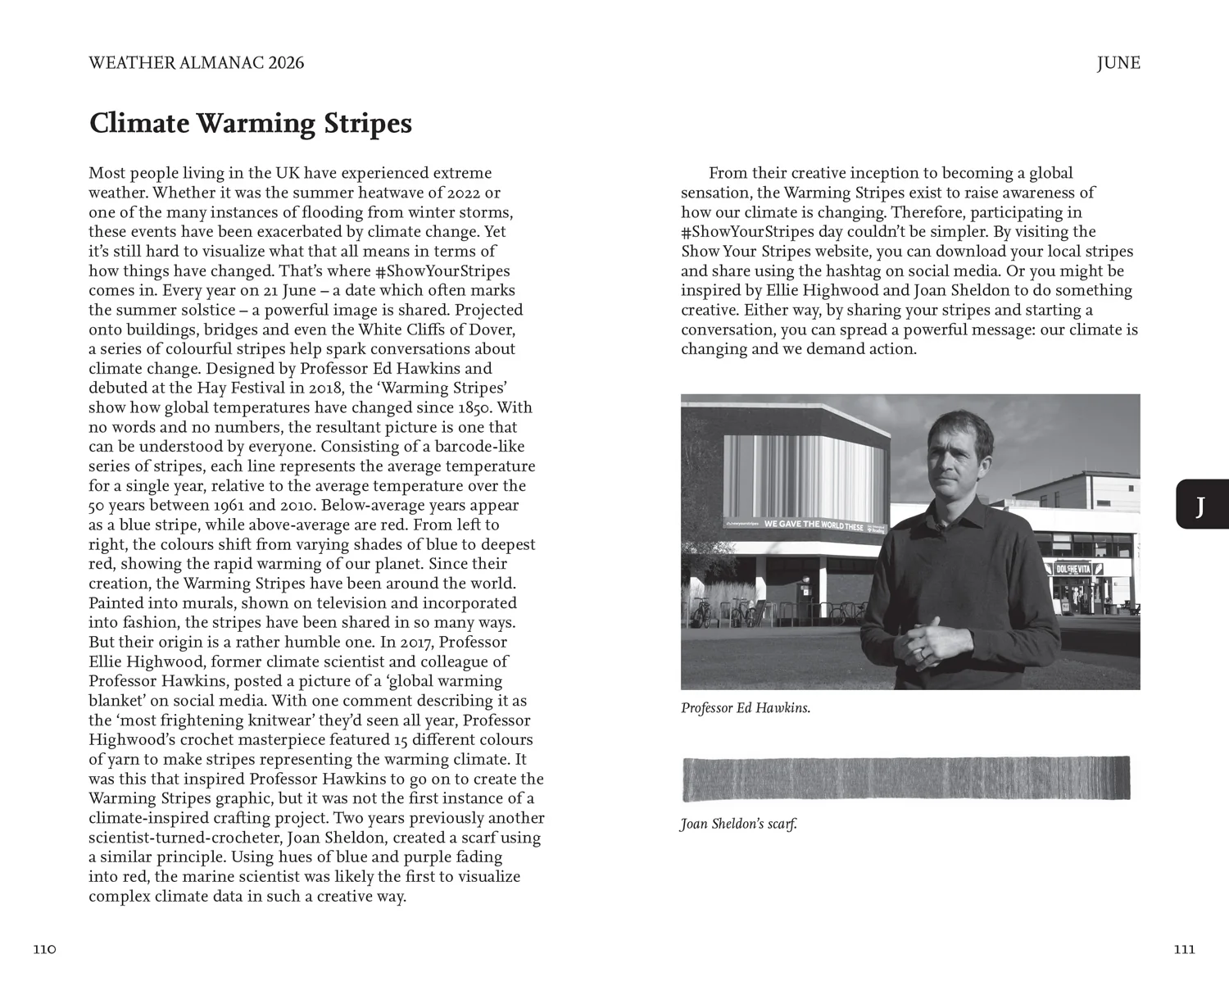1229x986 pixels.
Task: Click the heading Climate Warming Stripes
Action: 250,124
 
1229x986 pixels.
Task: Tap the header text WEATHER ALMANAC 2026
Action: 196,63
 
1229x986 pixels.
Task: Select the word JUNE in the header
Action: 1118,63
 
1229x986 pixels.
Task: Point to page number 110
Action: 44,949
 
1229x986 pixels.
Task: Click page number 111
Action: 1184,949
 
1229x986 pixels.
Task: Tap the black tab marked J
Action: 1201,505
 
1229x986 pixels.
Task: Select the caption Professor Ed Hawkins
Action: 745,708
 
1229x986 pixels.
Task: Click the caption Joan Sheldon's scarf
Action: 738,824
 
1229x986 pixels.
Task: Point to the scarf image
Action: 905,779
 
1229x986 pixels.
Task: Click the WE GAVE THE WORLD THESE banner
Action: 813,525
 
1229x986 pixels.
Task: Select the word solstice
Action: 215,310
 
